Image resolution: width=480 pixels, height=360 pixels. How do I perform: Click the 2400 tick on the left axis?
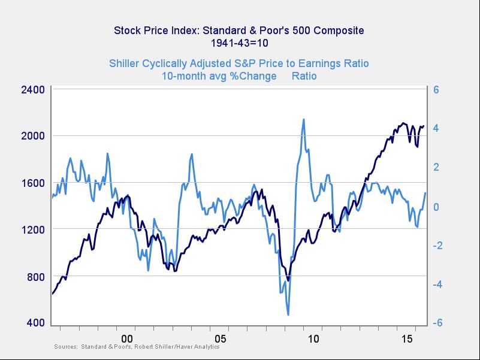(x=33, y=90)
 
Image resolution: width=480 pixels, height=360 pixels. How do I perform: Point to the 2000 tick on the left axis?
(x=33, y=136)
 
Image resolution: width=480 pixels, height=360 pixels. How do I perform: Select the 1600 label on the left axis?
(x=33, y=183)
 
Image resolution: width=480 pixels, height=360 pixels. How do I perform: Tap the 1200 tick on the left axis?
(x=33, y=229)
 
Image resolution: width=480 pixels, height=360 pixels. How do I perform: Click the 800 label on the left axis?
(x=36, y=276)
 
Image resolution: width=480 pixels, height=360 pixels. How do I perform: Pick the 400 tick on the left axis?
(x=36, y=323)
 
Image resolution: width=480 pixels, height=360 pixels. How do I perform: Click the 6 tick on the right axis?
(x=437, y=90)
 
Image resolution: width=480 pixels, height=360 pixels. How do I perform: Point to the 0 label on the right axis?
(x=437, y=207)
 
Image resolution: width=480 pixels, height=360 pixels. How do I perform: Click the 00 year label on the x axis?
(x=126, y=339)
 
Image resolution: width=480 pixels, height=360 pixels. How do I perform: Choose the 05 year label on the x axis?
(x=221, y=339)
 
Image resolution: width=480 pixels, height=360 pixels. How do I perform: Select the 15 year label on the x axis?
(x=407, y=339)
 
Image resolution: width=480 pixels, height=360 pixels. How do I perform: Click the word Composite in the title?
(x=336, y=30)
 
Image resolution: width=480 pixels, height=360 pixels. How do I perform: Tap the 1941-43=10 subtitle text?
(x=240, y=43)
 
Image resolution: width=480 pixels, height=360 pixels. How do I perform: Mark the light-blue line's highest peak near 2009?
(x=304, y=119)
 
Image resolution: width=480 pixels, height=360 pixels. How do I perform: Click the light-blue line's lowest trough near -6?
(x=288, y=314)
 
